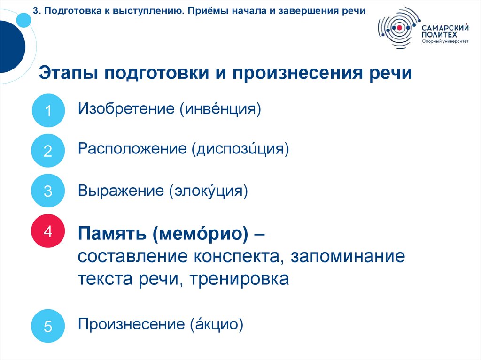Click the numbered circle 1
pos(48,111)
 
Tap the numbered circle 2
pos(48,151)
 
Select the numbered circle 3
pos(48,191)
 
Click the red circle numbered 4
pos(48,231)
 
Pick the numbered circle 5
pos(48,326)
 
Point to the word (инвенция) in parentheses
pos(219,109)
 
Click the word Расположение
pos(132,149)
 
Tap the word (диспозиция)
pos(240,150)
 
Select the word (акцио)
pos(217,324)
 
